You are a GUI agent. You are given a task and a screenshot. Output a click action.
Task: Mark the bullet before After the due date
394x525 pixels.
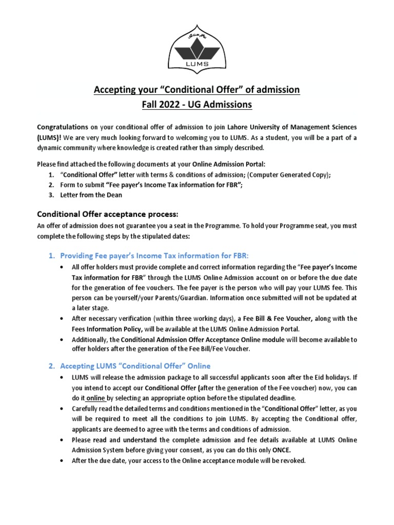pyautogui.click(x=62, y=460)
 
